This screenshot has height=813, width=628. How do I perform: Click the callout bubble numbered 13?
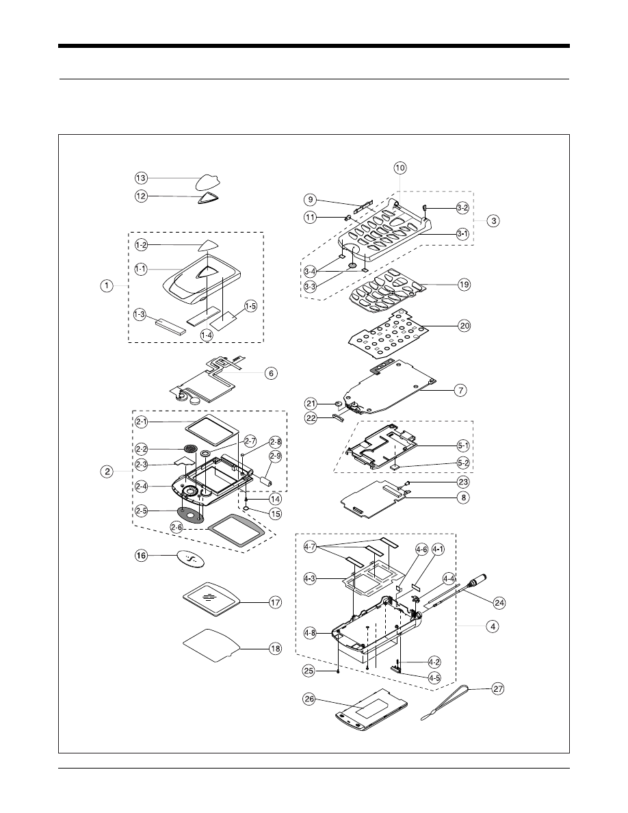click(141, 178)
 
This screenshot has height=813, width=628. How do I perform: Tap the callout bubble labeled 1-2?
click(141, 244)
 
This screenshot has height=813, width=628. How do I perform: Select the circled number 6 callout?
click(271, 373)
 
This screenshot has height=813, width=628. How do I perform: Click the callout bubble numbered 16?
click(141, 557)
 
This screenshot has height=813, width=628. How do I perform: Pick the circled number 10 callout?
click(400, 168)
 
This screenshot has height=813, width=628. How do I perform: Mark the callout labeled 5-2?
click(464, 463)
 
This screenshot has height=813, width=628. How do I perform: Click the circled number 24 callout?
click(500, 602)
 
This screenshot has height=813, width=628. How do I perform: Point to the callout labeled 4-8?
click(311, 633)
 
